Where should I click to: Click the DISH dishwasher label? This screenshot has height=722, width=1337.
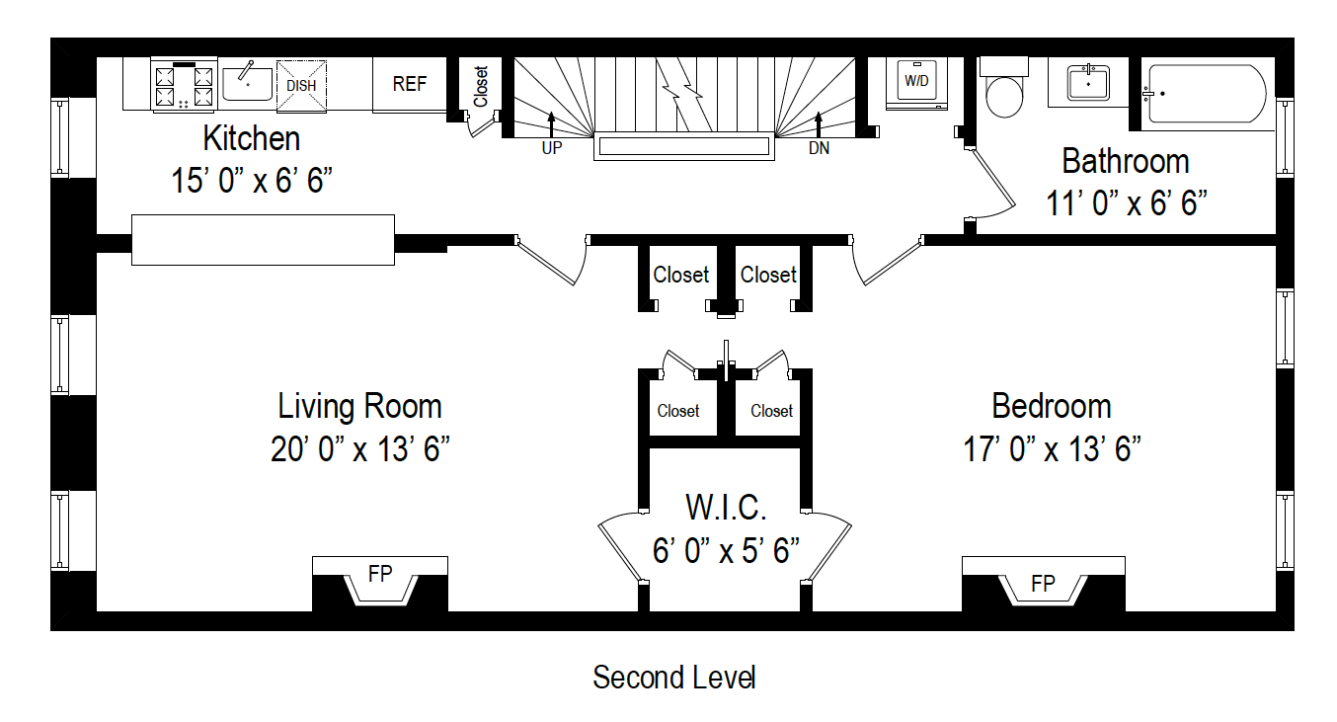(301, 85)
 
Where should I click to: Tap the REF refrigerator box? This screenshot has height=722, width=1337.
(410, 84)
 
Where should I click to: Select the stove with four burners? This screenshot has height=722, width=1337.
(184, 84)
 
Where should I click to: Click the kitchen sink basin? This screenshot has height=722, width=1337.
(247, 84)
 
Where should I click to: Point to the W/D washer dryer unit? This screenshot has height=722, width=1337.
(917, 81)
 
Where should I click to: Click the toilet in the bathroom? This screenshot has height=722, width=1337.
(1005, 91)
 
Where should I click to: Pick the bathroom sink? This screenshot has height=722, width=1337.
(1088, 84)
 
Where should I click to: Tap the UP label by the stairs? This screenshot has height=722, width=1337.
(551, 149)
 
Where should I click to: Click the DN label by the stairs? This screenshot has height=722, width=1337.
(819, 149)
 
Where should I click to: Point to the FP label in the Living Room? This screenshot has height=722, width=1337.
(380, 574)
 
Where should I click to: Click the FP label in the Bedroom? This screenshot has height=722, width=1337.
(1043, 583)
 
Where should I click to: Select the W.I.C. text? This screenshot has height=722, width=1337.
(726, 508)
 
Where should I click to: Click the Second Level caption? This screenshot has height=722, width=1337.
(674, 678)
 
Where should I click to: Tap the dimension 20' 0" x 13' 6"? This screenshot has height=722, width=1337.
(360, 449)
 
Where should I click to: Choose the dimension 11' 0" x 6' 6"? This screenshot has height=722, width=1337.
(1127, 203)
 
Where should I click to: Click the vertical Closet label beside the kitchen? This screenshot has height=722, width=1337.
(481, 87)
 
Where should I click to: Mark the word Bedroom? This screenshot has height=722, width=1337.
(1052, 406)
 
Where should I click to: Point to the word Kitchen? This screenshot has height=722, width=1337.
(252, 138)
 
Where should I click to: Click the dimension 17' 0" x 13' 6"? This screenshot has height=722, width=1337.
(1053, 449)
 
